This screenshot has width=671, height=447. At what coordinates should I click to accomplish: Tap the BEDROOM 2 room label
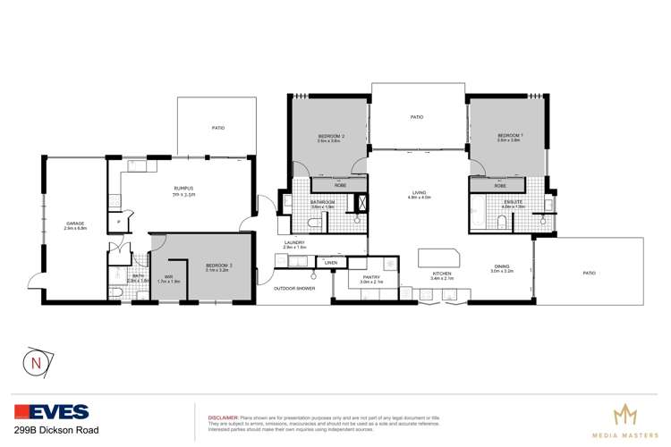tap(330, 136)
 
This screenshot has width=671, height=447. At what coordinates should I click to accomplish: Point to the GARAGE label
tap(74, 223)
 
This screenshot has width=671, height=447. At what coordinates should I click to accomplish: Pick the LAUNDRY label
tap(294, 241)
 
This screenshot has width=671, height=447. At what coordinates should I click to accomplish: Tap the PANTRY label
tap(371, 277)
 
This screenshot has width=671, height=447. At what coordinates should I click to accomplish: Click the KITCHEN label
tap(443, 274)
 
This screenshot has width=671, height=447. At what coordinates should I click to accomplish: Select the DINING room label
tap(501, 266)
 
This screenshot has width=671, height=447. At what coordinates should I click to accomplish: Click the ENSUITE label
tap(514, 202)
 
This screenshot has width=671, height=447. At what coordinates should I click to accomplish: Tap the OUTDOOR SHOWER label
tap(295, 288)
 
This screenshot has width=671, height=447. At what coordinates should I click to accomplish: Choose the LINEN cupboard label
tap(331, 262)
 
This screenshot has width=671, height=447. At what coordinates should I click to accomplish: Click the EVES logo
tap(52, 412)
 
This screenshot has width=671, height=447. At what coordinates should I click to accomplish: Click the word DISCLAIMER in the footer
tap(223, 417)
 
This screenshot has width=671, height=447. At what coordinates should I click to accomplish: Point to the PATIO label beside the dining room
tap(590, 273)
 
